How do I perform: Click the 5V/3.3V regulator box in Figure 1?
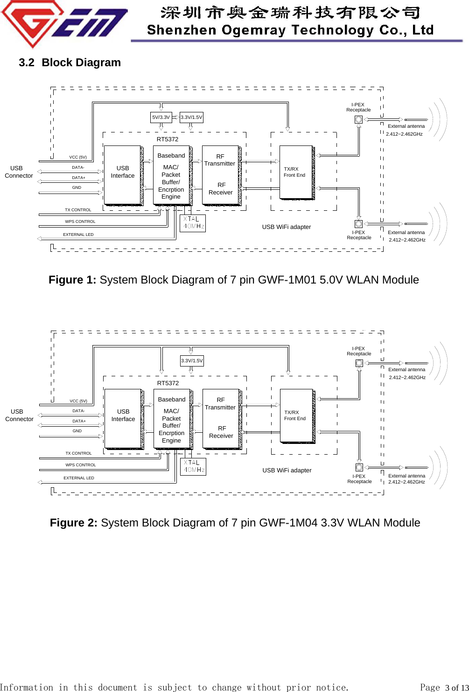click(161, 118)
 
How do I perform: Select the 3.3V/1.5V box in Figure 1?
click(191, 118)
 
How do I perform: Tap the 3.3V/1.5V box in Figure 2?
click(192, 361)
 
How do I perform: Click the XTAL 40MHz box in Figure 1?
click(193, 223)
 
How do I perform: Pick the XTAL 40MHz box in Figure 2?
click(193, 466)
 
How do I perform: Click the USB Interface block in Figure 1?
click(123, 175)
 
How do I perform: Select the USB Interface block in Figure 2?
click(123, 418)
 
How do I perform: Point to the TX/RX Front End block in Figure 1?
click(296, 172)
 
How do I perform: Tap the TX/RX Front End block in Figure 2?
click(296, 415)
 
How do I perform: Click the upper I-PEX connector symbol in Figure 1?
click(358, 120)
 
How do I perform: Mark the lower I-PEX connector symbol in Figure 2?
click(359, 467)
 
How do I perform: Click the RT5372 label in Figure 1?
click(168, 139)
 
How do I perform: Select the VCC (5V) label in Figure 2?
click(78, 401)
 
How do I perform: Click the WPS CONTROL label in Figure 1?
click(80, 221)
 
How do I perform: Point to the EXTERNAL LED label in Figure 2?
click(79, 478)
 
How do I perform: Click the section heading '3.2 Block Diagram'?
click(70, 62)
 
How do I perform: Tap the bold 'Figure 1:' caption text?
click(72, 280)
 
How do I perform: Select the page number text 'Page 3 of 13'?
click(443, 687)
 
